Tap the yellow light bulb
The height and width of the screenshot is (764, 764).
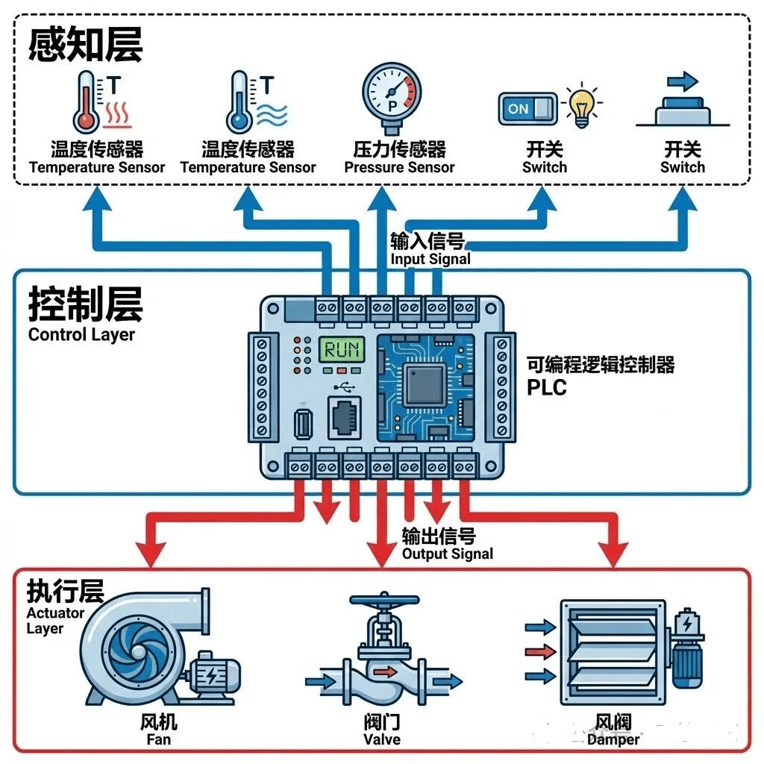tap(581, 106)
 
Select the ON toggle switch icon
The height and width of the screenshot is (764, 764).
tap(527, 109)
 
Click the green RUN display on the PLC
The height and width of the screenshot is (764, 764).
tap(342, 348)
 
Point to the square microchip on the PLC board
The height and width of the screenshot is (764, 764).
tap(425, 385)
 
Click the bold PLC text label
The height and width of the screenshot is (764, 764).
tap(547, 388)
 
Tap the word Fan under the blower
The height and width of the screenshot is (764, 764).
tap(158, 739)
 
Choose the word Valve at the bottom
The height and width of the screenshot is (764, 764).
tap(382, 739)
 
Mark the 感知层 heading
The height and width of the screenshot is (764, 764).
tap(85, 45)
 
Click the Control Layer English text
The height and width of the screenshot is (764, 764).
tap(81, 334)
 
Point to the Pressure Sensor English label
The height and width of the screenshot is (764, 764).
tap(399, 168)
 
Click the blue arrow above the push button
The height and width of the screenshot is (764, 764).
tap(682, 81)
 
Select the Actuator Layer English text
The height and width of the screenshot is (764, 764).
tap(55, 621)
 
